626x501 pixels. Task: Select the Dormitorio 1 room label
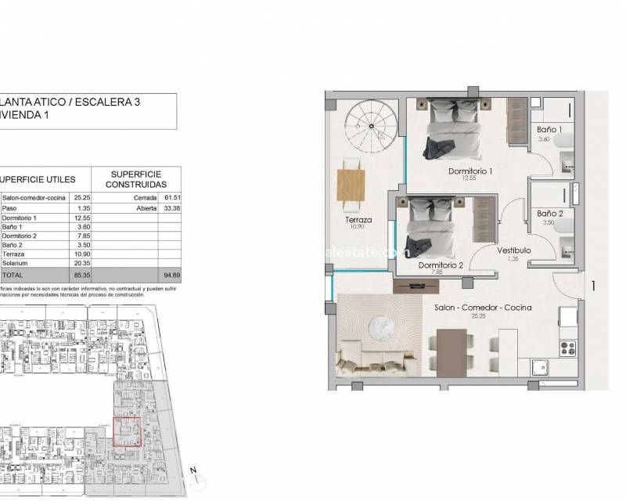[470, 171]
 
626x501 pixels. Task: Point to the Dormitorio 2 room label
[441, 265]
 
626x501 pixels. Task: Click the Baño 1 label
[549, 128]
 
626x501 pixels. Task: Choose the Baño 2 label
[549, 213]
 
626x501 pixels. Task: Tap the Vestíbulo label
[514, 250]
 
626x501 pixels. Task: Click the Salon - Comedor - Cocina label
[482, 308]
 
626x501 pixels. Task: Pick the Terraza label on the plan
[358, 221]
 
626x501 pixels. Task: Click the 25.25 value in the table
[82, 198]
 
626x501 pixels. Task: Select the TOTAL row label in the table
[15, 276]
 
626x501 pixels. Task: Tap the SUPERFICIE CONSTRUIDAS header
[138, 178]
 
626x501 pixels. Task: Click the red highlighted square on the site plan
[127, 431]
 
